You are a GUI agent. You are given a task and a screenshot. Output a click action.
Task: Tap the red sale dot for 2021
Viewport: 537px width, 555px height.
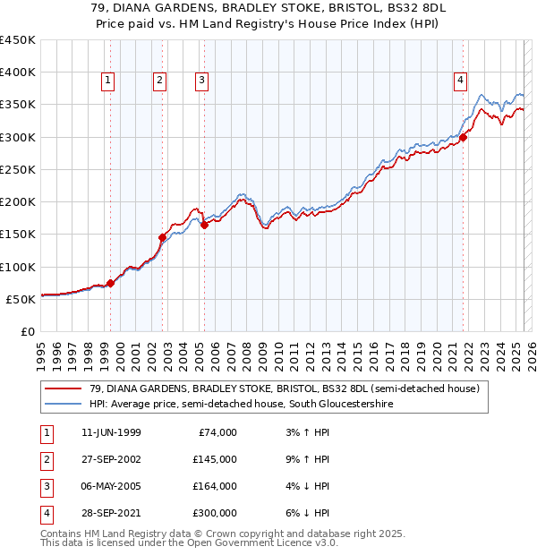point(464,137)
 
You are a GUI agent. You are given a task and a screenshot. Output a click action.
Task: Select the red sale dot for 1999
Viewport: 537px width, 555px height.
point(111,283)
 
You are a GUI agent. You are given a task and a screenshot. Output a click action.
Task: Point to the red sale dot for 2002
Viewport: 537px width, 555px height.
point(163,237)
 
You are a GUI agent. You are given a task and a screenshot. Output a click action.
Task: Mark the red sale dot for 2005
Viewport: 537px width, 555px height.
point(204,226)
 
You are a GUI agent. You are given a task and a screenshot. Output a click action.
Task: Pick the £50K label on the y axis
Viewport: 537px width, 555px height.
point(21,299)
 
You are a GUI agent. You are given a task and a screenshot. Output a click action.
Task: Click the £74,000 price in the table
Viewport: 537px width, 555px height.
point(216,432)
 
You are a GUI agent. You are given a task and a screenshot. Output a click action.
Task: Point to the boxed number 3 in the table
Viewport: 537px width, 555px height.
point(45,486)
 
